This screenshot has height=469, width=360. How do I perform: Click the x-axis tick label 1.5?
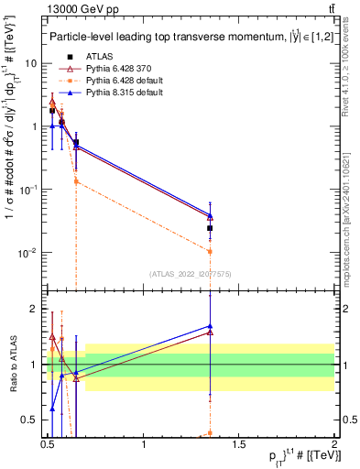point(239,445)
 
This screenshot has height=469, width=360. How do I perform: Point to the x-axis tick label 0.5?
point(49,445)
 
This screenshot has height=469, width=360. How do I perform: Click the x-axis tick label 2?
point(334,445)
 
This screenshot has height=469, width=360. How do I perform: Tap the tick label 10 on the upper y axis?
point(32,63)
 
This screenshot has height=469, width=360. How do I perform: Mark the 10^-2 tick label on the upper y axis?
point(29,252)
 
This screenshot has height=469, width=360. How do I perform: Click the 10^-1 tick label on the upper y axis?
point(29,189)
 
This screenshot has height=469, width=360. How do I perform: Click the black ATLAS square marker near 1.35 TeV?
point(211,228)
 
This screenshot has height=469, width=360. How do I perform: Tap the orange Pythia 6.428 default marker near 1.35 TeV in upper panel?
point(211,251)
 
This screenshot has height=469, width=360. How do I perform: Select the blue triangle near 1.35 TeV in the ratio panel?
point(211,326)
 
